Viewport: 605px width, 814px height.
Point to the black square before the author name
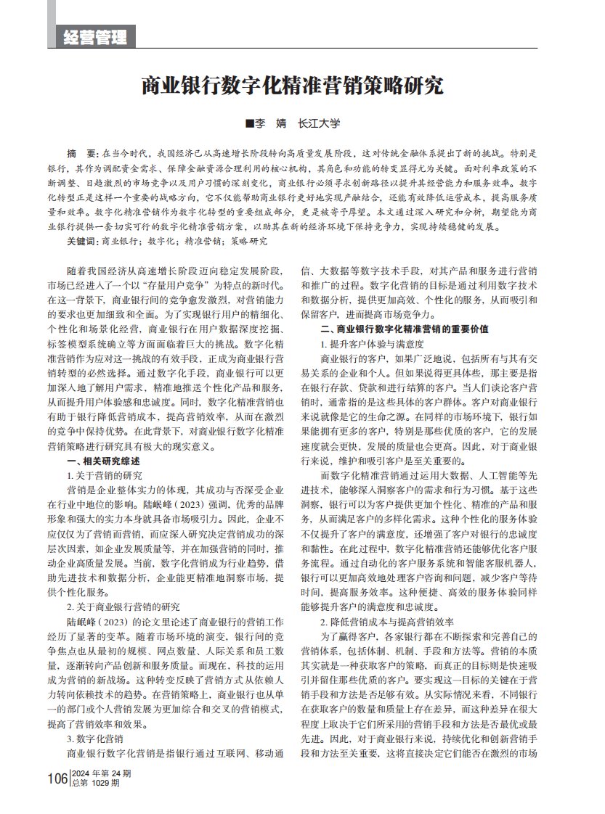[249, 124]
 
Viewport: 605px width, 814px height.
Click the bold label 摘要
[81, 155]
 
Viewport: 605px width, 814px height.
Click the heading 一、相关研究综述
[103, 461]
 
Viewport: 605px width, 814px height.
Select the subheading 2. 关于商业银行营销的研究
[123, 607]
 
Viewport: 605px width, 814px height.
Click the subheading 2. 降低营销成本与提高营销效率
[387, 621]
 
